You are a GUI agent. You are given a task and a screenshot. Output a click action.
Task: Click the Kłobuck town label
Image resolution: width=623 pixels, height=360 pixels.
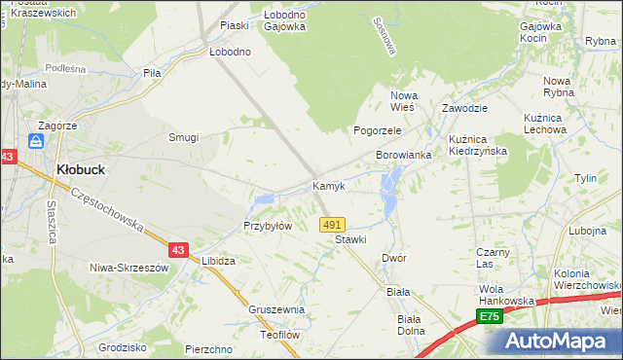[81, 168]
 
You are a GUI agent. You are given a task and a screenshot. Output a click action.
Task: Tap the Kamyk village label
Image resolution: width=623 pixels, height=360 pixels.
[328, 186]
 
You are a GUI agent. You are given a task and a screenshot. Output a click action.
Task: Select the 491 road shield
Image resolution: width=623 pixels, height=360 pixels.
[332, 224]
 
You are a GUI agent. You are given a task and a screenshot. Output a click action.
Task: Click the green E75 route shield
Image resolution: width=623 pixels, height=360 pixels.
[490, 317]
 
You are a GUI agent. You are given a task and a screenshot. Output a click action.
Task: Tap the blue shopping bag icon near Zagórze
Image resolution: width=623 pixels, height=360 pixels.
[36, 143]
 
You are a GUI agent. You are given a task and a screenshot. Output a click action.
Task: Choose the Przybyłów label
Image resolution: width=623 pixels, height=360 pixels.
[268, 226]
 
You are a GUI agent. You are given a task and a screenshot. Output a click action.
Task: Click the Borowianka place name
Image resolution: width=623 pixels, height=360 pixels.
[403, 156]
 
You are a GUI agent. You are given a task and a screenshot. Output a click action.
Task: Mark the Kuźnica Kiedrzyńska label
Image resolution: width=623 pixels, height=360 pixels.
[480, 145]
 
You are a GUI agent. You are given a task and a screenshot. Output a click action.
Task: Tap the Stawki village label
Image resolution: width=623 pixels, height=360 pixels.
[350, 238]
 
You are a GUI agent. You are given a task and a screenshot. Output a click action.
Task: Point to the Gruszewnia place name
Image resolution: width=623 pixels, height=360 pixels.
[276, 309]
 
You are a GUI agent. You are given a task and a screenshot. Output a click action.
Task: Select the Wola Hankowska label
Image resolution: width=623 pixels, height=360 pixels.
[507, 295]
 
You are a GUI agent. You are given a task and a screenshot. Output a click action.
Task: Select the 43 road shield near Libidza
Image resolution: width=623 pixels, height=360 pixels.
[177, 250]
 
